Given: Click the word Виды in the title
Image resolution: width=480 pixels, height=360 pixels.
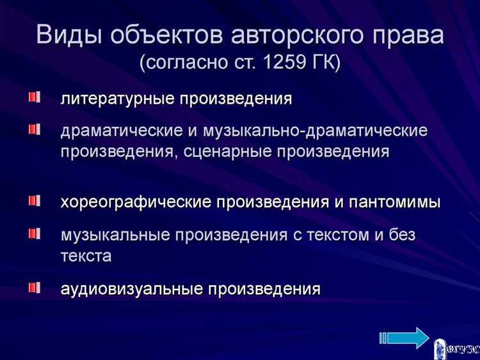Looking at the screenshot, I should (72, 35).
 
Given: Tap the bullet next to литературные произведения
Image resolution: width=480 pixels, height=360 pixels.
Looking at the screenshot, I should (33, 98).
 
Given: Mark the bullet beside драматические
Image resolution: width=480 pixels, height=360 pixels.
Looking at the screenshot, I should (33, 129).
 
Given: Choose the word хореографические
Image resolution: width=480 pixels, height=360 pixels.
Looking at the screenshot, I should (136, 203).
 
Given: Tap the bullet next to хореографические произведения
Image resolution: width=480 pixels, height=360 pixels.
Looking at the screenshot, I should (33, 201).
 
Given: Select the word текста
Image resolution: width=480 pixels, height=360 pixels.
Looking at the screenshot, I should (86, 256).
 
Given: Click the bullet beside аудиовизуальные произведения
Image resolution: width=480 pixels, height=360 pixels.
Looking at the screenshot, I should (33, 286).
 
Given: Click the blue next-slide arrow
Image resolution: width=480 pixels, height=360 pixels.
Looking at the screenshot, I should (404, 338).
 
